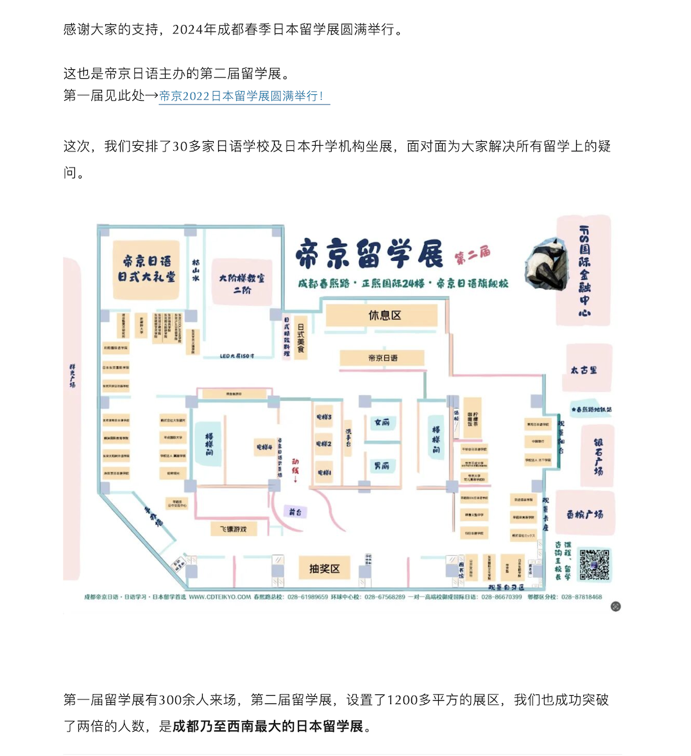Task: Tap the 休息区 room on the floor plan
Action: pyautogui.click(x=384, y=315)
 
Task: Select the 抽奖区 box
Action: pyautogui.click(x=324, y=569)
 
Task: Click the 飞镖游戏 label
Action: pyautogui.click(x=233, y=529)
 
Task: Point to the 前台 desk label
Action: pyautogui.click(x=295, y=512)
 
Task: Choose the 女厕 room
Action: pyautogui.click(x=382, y=422)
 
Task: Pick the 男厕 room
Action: pyautogui.click(x=382, y=465)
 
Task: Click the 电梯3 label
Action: pyautogui.click(x=324, y=417)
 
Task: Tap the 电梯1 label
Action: pyautogui.click(x=324, y=472)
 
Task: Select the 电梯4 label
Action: pyautogui.click(x=264, y=447)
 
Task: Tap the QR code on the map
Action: pyautogui.click(x=594, y=565)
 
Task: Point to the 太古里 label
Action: pyautogui.click(x=584, y=370)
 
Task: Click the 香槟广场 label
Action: pyautogui.click(x=584, y=514)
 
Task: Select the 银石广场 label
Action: pyautogui.click(x=598, y=456)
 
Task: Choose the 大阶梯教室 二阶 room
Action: pyautogui.click(x=242, y=284)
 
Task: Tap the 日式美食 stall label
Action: pyautogui.click(x=300, y=338)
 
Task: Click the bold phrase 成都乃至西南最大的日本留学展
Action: pyautogui.click(x=268, y=726)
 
